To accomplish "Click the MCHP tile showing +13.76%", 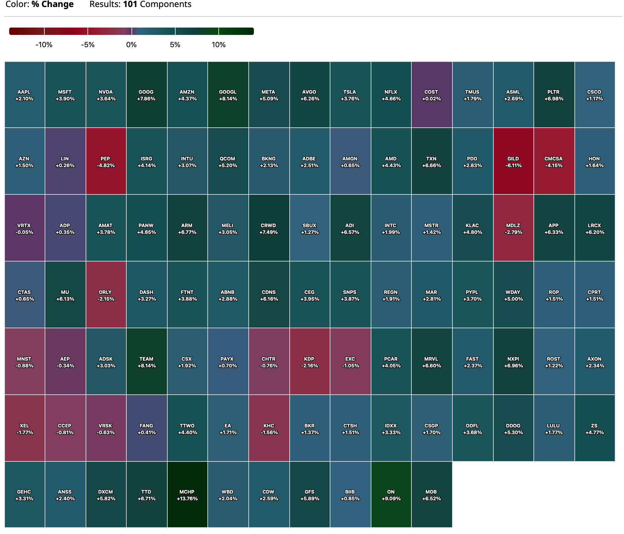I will (x=187, y=495).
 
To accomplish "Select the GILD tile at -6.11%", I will (x=513, y=162).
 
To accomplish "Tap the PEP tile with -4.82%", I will (x=106, y=162).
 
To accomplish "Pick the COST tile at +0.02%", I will (x=431, y=95).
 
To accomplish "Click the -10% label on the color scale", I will (x=44, y=45).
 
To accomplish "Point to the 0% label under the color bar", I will (x=132, y=45).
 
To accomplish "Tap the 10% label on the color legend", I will (x=219, y=45).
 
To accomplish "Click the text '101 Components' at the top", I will (x=157, y=4).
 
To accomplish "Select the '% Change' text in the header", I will (x=52, y=4).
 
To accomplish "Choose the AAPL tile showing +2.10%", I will (x=24, y=95).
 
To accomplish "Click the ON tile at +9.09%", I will (x=391, y=495).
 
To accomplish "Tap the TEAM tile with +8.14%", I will (x=147, y=362).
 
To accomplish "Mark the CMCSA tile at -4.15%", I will (x=554, y=162).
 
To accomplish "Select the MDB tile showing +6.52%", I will (x=431, y=495).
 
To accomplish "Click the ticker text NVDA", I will (x=106, y=92).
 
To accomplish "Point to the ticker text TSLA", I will (x=350, y=92).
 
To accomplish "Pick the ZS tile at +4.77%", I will (x=594, y=429).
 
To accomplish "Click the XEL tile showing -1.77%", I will (x=24, y=429).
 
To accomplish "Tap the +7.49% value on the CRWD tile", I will (x=269, y=232).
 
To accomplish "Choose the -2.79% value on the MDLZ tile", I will (x=513, y=232).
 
